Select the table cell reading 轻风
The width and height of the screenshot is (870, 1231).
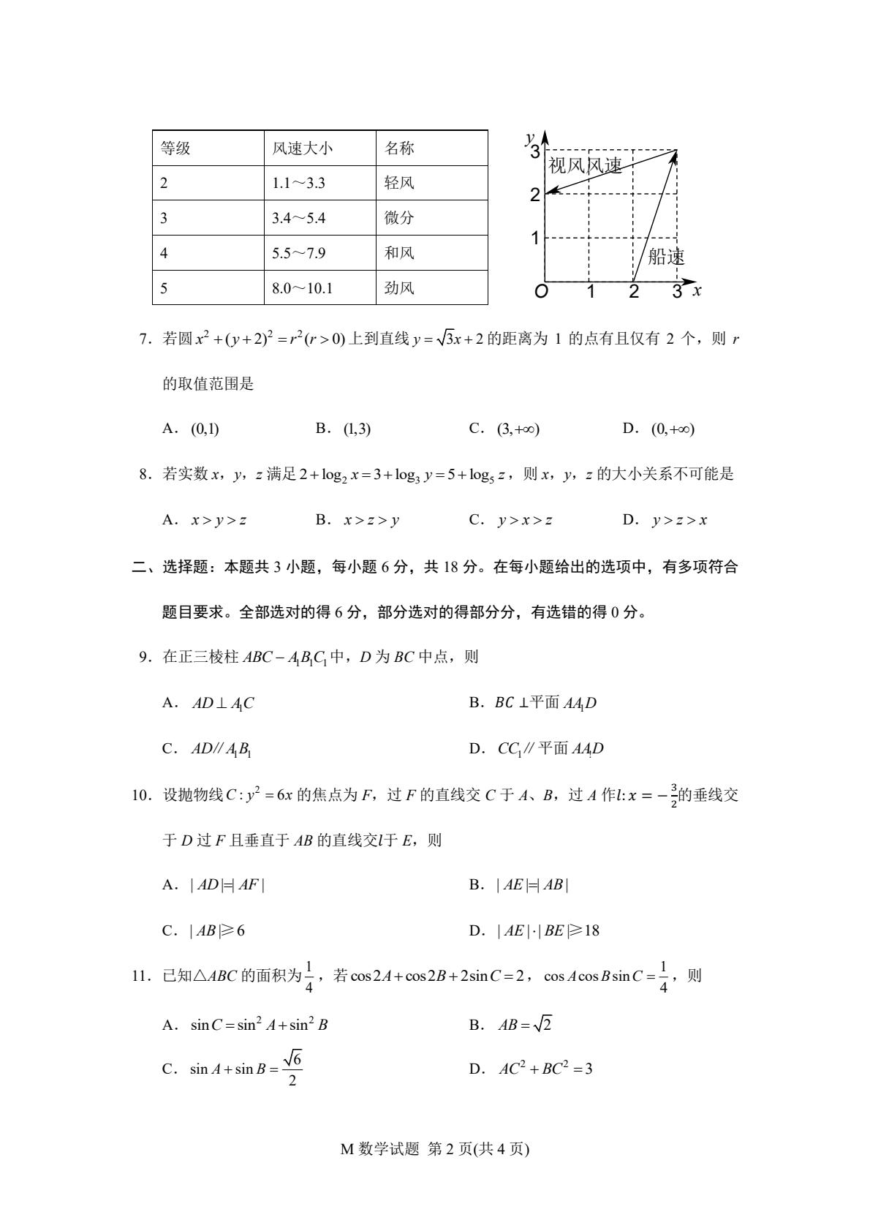pyautogui.click(x=399, y=183)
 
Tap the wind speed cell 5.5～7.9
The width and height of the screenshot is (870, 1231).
pyautogui.click(x=298, y=253)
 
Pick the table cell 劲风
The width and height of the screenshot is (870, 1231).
pyautogui.click(x=399, y=288)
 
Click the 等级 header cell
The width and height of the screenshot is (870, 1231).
pyautogui.click(x=175, y=148)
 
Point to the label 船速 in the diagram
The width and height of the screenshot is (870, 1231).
pyautogui.click(x=666, y=257)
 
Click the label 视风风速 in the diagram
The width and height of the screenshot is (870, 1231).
pyautogui.click(x=585, y=166)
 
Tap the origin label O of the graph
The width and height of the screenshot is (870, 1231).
pyautogui.click(x=541, y=291)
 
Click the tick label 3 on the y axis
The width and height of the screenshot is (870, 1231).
pyautogui.click(x=535, y=152)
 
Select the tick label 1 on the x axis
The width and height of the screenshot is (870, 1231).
pyautogui.click(x=591, y=292)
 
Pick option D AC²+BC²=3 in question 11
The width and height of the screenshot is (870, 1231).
pyautogui.click(x=545, y=1069)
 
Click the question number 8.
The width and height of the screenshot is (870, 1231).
pyautogui.click(x=144, y=475)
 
